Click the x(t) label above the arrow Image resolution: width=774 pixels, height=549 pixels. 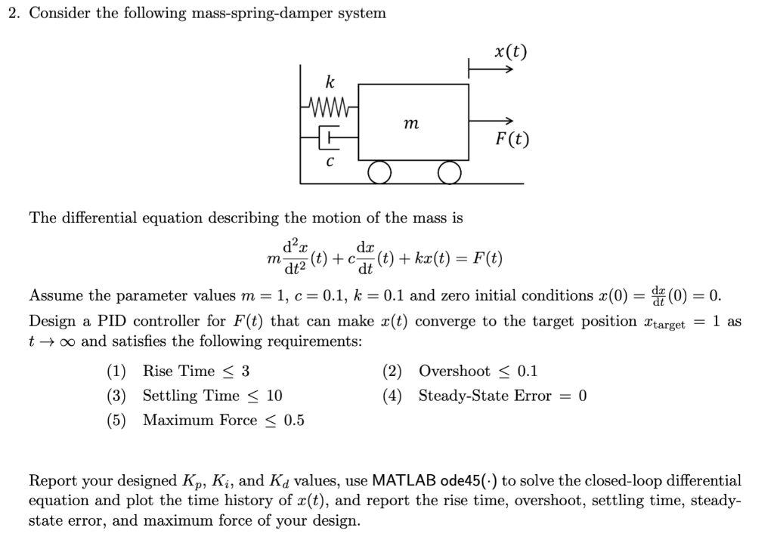[x=510, y=51]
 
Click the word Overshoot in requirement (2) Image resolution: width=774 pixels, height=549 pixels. [x=454, y=371]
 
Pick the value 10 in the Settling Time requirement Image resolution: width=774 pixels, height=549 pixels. [x=274, y=396]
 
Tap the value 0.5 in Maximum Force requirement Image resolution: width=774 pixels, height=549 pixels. [x=294, y=421]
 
